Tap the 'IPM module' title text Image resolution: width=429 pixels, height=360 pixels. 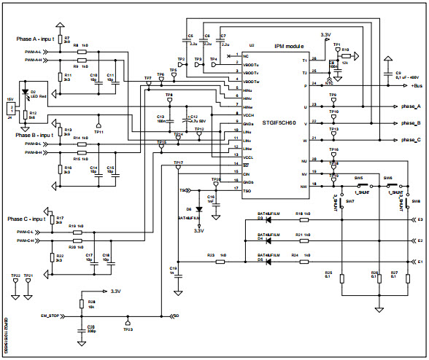pyautogui.click(x=289, y=45)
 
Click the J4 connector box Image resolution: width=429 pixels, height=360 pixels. pyautogui.click(x=10, y=109)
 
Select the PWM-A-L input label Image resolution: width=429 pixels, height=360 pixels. pyautogui.click(x=34, y=52)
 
